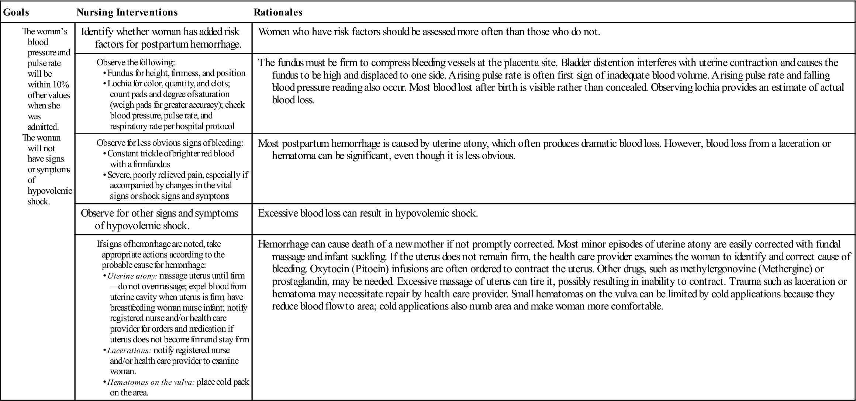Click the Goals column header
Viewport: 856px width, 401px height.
[x=16, y=13]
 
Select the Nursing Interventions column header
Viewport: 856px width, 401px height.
[x=127, y=13]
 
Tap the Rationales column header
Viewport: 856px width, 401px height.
[x=278, y=13]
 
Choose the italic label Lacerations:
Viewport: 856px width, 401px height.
[x=129, y=350]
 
